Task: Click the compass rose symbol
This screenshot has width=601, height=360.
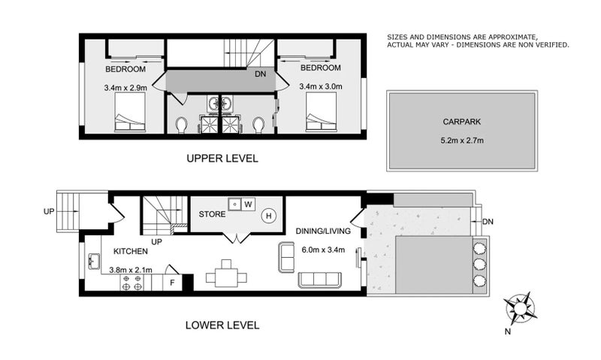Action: pyautogui.click(x=521, y=308)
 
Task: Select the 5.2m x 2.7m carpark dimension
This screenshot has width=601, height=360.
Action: pyautogui.click(x=461, y=141)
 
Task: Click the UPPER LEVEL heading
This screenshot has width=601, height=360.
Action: pyautogui.click(x=222, y=159)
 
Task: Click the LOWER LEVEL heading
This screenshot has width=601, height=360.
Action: pyautogui.click(x=222, y=325)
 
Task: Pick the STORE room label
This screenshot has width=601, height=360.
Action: pyautogui.click(x=213, y=214)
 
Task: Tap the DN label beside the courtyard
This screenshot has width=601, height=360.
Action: pyautogui.click(x=487, y=221)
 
